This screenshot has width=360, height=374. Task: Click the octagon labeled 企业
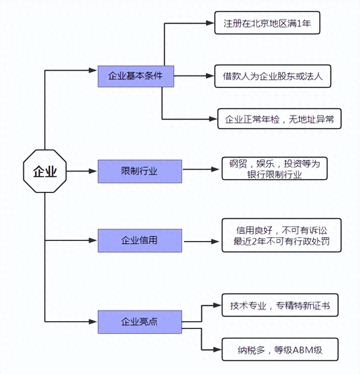(45, 171)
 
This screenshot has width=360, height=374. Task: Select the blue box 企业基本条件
(136, 76)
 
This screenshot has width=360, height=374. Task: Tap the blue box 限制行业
(140, 171)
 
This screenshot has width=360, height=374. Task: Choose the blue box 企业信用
(140, 240)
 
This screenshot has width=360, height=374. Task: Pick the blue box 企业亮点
(140, 321)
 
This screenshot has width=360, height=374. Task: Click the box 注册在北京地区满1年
(267, 23)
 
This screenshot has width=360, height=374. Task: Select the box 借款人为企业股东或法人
(273, 76)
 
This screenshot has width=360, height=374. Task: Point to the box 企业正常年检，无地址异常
(279, 119)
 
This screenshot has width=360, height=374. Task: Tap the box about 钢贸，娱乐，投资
(274, 169)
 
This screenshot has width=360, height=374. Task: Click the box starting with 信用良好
(281, 235)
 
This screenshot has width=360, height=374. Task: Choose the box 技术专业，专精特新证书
(280, 305)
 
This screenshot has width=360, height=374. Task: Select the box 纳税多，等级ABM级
(280, 350)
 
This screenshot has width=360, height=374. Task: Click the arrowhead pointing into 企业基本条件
(93, 70)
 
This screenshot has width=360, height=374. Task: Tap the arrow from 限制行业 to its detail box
(200, 169)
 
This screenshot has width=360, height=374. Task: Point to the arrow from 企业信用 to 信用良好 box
(201, 242)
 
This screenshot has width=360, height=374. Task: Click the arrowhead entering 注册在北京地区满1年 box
(210, 23)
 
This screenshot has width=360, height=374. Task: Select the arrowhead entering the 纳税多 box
(217, 350)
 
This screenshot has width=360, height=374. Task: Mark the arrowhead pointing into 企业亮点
(93, 321)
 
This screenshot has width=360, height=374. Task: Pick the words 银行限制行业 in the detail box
(274, 175)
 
